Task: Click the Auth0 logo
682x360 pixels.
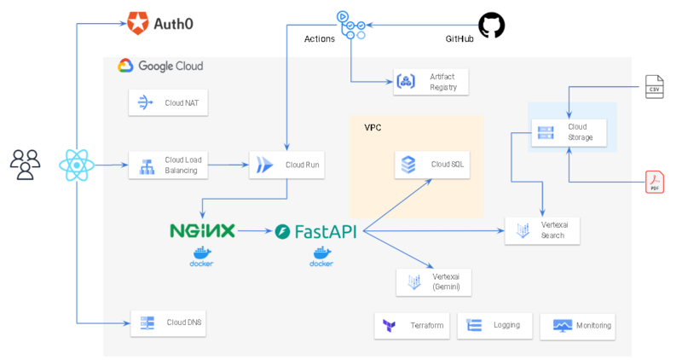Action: [x=159, y=23]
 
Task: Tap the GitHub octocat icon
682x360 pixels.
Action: [x=491, y=25]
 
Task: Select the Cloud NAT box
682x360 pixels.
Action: [x=169, y=103]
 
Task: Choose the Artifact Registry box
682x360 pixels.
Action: [x=431, y=81]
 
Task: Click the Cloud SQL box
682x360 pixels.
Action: [x=433, y=164]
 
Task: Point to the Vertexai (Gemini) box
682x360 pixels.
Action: [x=434, y=282]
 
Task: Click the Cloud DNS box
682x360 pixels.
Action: [x=169, y=322]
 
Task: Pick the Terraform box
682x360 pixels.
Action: [x=413, y=326]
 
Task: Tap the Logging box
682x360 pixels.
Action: [x=495, y=326]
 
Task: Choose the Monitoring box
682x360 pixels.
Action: [x=578, y=326]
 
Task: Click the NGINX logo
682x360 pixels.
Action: [x=203, y=230]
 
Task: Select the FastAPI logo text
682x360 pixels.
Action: [x=315, y=231]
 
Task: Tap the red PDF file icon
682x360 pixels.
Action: [x=654, y=183]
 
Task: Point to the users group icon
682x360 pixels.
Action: [x=25, y=165]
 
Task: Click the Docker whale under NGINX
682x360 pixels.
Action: [x=202, y=253]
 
